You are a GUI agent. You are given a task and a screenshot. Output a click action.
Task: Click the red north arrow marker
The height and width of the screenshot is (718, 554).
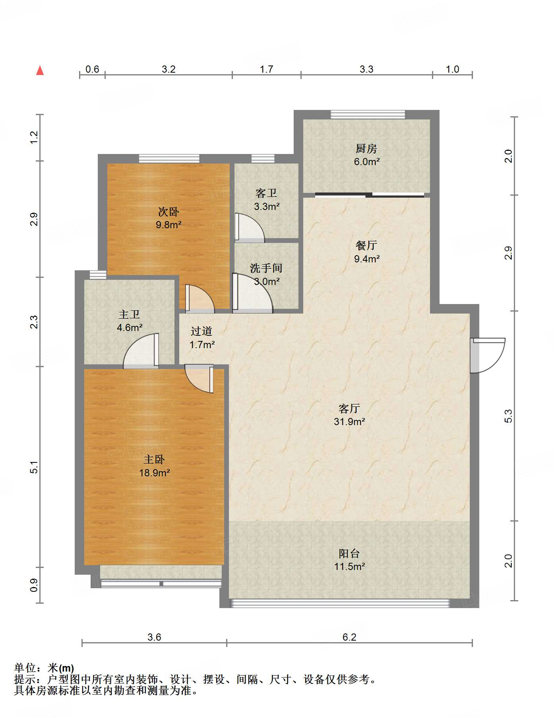pyautogui.click(x=40, y=71)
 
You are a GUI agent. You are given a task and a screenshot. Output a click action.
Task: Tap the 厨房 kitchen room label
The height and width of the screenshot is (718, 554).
pyautogui.click(x=366, y=149)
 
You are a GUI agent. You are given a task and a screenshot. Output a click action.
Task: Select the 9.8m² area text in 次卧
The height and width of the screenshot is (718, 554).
pyautogui.click(x=169, y=225)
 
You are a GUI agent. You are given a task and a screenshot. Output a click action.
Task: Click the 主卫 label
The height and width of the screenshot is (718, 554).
pyautogui.click(x=129, y=315)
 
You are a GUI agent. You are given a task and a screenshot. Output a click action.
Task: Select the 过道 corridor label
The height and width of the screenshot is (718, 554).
pyautogui.click(x=201, y=331)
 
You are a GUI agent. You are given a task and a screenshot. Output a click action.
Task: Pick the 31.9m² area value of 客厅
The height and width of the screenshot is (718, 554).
pyautogui.click(x=349, y=422)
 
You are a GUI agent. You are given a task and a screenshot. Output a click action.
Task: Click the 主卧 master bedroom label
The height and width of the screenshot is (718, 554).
pyautogui.click(x=154, y=460)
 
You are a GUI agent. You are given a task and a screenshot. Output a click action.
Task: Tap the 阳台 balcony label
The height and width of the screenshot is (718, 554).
pyautogui.click(x=349, y=553)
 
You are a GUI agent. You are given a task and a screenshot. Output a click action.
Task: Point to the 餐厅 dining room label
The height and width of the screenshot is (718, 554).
pyautogui.click(x=366, y=245)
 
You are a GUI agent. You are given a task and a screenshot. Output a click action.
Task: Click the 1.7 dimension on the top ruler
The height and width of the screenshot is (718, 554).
pyautogui.click(x=266, y=69)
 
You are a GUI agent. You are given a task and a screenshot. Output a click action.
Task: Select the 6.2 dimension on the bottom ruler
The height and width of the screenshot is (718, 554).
pyautogui.click(x=349, y=637)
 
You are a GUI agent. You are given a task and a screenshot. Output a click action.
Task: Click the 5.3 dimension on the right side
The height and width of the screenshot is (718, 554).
pyautogui.click(x=508, y=416)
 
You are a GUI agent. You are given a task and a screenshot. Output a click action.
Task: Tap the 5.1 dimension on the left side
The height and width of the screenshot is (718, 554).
pyautogui.click(x=34, y=467)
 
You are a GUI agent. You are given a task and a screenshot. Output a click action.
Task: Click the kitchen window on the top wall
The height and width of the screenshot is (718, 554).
pyautogui.click(x=368, y=115)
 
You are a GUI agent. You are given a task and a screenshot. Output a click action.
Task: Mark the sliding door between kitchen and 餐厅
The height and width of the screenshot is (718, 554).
pyautogui.click(x=370, y=195)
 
